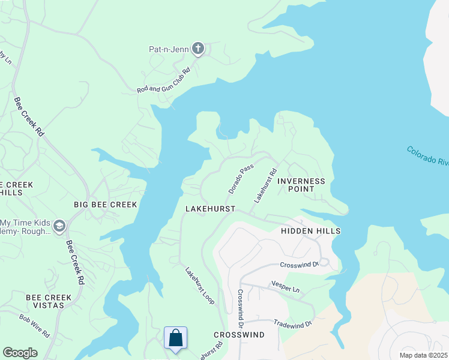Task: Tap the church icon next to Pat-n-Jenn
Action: pyautogui.click(x=199, y=49)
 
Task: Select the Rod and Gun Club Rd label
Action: pyautogui.click(x=163, y=80)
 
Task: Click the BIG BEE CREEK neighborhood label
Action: pyautogui.click(x=106, y=205)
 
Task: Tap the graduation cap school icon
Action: pyautogui.click(x=59, y=226)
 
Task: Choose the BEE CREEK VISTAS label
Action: pyautogui.click(x=49, y=302)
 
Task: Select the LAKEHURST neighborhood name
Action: pyautogui.click(x=210, y=209)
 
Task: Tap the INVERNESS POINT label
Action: pyautogui.click(x=301, y=185)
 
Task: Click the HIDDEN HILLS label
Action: pyautogui.click(x=311, y=231)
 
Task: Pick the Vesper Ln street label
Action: pyautogui.click(x=285, y=289)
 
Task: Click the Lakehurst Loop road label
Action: pyautogui.click(x=200, y=286)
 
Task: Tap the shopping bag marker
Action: pyautogui.click(x=175, y=338)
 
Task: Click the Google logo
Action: pyautogui.click(x=20, y=353)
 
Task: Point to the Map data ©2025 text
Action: pyautogui.click(x=423, y=355)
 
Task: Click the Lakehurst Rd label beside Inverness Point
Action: pyautogui.click(x=265, y=185)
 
